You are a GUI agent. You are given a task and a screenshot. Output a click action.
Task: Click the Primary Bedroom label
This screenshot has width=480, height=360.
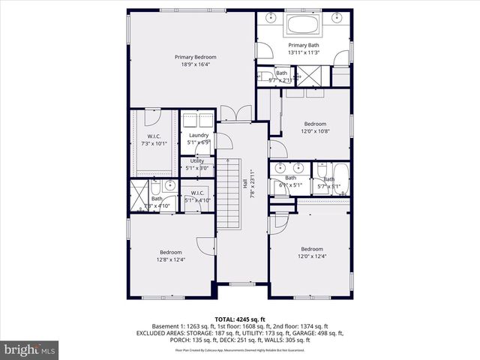pyautogui.click(x=196, y=57)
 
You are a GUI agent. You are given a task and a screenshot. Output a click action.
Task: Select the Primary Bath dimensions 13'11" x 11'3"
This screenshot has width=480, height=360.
pyautogui.click(x=304, y=52)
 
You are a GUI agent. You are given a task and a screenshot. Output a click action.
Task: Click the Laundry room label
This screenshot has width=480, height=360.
pyautogui.click(x=199, y=135)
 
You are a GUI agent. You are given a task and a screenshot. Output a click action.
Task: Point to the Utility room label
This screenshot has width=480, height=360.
pyautogui.click(x=197, y=160)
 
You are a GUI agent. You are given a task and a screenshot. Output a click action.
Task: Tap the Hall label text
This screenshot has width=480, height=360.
pyautogui.click(x=245, y=182)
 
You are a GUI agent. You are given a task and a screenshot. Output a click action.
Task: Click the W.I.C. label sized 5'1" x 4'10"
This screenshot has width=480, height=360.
pyautogui.click(x=199, y=196)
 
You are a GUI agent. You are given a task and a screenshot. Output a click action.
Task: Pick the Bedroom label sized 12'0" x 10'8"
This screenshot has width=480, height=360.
pyautogui.click(x=315, y=127)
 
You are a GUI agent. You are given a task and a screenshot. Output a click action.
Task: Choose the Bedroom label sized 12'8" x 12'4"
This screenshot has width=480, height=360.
pyautogui.click(x=171, y=256)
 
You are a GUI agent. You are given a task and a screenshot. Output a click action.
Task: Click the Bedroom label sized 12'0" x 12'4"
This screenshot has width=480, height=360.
pyautogui.click(x=312, y=253)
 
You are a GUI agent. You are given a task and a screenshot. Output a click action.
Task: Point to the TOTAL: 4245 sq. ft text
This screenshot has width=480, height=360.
pyautogui.click(x=240, y=318)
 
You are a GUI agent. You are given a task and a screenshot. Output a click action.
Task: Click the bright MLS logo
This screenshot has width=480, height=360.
pyautogui.click(x=30, y=349)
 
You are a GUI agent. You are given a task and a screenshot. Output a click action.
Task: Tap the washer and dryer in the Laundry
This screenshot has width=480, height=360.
pyautogui.click(x=199, y=119)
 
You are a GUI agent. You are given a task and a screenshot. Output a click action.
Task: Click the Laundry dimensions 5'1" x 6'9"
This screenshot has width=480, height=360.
pyautogui.click(x=199, y=142)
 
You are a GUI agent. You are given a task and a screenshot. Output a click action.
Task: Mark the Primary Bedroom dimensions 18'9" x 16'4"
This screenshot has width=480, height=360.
pyautogui.click(x=196, y=64)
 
